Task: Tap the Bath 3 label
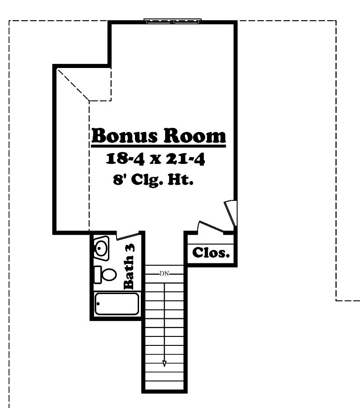point(129,266)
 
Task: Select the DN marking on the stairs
point(164,273)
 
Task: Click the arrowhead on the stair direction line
point(164,363)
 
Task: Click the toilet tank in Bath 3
point(97,274)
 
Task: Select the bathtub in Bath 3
point(117,304)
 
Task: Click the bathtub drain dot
point(98,304)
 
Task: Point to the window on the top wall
point(172,20)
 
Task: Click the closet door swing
point(211,227)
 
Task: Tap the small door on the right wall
point(230,213)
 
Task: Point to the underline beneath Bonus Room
point(158,145)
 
